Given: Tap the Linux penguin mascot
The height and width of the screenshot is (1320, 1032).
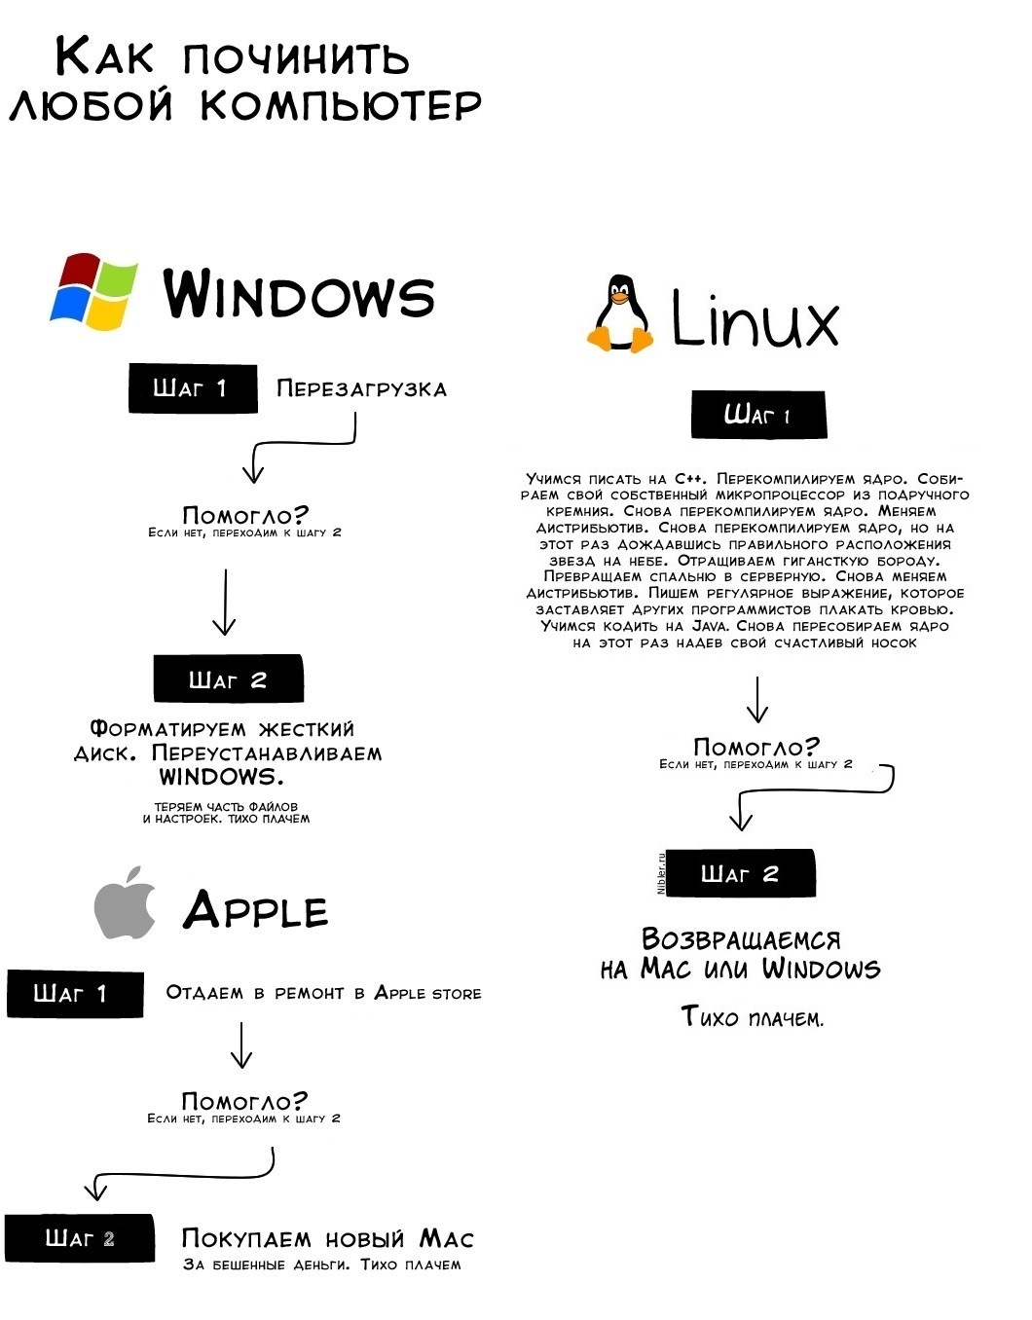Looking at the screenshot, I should [x=619, y=313].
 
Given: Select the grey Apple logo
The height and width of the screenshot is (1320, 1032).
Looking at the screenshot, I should [x=126, y=903].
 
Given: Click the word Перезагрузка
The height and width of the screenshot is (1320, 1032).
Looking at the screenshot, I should [x=361, y=389].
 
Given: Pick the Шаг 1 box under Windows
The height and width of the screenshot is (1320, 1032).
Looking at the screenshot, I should [x=193, y=388].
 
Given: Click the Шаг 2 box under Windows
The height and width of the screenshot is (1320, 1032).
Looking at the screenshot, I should [x=228, y=679].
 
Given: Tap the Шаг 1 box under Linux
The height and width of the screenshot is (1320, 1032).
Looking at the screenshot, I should [x=757, y=416].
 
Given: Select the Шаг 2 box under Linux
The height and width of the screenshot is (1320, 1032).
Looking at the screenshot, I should [x=740, y=874].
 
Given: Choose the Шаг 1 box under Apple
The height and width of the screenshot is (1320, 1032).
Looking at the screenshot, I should [x=74, y=994].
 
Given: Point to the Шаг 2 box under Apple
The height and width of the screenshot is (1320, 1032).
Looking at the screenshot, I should [x=79, y=1239].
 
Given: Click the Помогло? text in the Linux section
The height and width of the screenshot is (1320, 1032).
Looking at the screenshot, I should [x=756, y=748].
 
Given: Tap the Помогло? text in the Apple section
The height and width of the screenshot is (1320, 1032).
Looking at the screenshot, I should [x=244, y=1101].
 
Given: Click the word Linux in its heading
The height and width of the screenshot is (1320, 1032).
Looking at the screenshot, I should [x=755, y=321].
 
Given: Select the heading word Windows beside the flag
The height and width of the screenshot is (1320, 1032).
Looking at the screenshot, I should [x=299, y=294].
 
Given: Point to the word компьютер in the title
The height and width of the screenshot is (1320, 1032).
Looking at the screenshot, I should [x=342, y=105].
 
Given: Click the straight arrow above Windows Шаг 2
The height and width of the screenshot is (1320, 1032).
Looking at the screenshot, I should [x=225, y=603].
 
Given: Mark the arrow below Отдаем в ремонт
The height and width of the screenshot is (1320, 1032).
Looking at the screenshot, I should [x=241, y=1045].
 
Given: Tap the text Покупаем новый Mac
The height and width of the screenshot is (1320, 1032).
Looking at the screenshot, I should [x=327, y=1239].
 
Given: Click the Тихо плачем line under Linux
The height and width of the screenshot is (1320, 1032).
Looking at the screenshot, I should [x=752, y=1018].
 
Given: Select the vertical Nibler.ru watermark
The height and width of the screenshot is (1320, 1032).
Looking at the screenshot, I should [x=661, y=873].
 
